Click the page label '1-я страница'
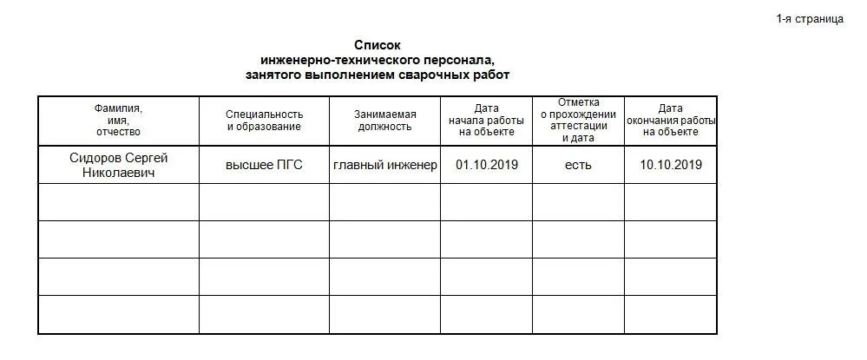(810, 19)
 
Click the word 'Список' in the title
(378, 45)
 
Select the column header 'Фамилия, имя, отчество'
(118, 121)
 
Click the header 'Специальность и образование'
(264, 121)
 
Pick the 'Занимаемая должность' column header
(384, 121)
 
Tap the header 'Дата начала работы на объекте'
(486, 121)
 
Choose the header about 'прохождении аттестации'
(578, 121)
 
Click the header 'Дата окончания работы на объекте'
(671, 121)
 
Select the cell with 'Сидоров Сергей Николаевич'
(118, 165)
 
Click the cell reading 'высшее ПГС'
(264, 165)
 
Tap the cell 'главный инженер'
(384, 165)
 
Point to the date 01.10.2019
(486, 165)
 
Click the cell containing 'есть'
(578, 165)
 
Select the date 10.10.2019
(671, 165)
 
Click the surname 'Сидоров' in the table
(95, 158)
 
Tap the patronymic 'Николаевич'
(118, 173)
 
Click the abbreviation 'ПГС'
(288, 165)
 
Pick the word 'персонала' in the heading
(464, 60)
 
